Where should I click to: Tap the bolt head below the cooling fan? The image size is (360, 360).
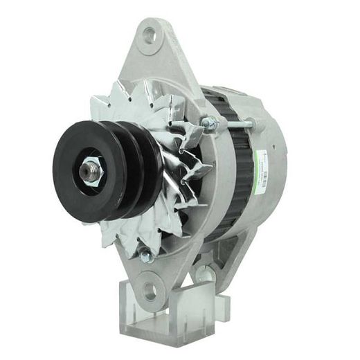click(x=145, y=256)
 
